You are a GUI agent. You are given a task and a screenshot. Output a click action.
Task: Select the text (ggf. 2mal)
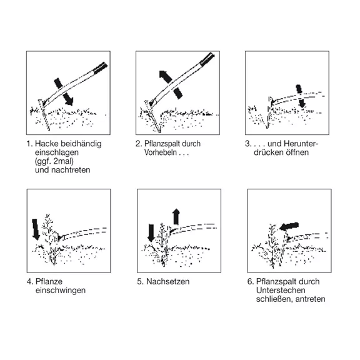click(x=54, y=161)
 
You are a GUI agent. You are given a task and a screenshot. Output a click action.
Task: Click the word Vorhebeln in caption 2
click(x=161, y=152)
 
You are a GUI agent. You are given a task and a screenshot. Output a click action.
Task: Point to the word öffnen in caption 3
click(x=297, y=152)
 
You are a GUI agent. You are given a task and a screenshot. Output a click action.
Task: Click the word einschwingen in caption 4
click(x=61, y=291)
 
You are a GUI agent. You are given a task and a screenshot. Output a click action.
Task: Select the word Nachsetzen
click(x=168, y=281)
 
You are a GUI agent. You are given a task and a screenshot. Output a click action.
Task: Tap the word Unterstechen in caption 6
click(x=281, y=290)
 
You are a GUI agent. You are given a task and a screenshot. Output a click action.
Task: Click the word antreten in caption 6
click(x=311, y=299)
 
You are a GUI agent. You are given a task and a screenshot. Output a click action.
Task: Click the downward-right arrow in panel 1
click(x=64, y=92)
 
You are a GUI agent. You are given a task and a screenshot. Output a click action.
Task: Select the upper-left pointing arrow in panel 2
click(x=171, y=85)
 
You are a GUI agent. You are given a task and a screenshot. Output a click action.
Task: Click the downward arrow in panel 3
click(x=301, y=96)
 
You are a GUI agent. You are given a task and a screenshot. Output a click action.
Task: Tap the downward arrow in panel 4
click(x=36, y=229)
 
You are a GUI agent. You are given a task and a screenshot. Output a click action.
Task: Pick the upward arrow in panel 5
click(x=176, y=217)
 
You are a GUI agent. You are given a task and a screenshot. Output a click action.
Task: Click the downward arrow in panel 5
click(x=151, y=233)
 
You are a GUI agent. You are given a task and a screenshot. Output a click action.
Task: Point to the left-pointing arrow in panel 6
click(x=289, y=226)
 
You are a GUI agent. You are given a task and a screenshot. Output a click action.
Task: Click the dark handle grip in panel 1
click(x=101, y=67)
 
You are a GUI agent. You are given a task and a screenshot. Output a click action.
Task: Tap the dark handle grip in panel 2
click(x=207, y=58)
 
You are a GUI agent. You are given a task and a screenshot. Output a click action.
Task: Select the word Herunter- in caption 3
click(x=301, y=144)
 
